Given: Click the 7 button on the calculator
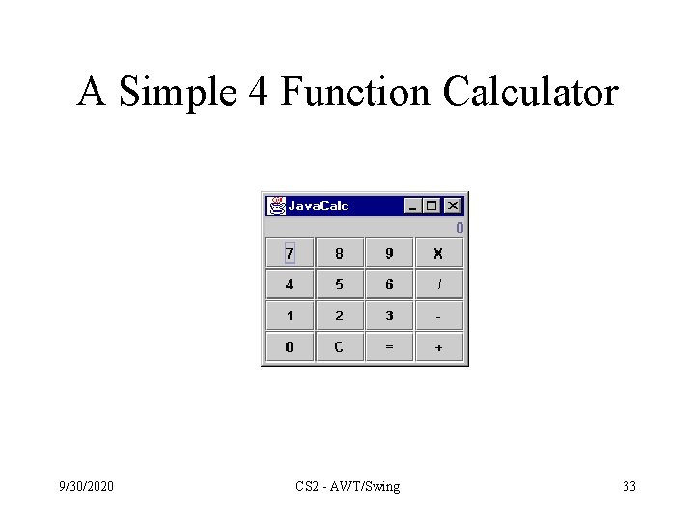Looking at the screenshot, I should pyautogui.click(x=290, y=254).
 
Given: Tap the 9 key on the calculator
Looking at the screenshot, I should pyautogui.click(x=389, y=254).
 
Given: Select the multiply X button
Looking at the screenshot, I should pyautogui.click(x=438, y=254).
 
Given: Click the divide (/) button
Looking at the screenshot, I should pyautogui.click(x=438, y=285).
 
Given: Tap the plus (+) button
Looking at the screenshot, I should pyautogui.click(x=438, y=347).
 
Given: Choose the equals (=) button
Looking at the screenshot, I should pyautogui.click(x=389, y=347).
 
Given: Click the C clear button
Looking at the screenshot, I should pyautogui.click(x=339, y=347).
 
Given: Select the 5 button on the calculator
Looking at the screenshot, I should pyautogui.click(x=339, y=285).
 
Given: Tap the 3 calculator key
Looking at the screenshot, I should pyautogui.click(x=389, y=315).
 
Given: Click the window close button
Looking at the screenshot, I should pyautogui.click(x=453, y=206).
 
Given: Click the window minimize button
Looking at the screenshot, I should pyautogui.click(x=414, y=206).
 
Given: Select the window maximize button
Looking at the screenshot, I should pyautogui.click(x=431, y=206).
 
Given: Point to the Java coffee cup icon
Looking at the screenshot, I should pyautogui.click(x=277, y=206).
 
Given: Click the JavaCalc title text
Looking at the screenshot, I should pyautogui.click(x=319, y=206).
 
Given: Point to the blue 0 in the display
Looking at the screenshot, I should pyautogui.click(x=459, y=228).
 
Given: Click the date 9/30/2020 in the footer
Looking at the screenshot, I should pyautogui.click(x=85, y=486).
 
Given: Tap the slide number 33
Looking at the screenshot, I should pyautogui.click(x=629, y=486).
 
